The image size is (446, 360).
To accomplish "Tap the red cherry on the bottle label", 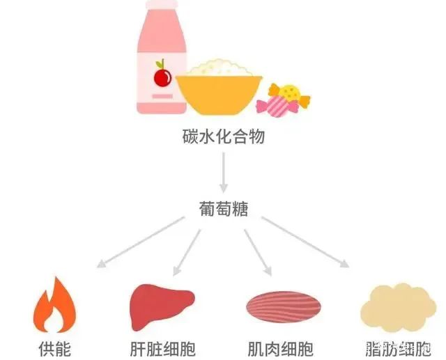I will pyautogui.click(x=162, y=76).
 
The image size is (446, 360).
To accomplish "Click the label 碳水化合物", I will pyautogui.click(x=222, y=136).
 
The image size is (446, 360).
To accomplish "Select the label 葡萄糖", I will pyautogui.click(x=222, y=208).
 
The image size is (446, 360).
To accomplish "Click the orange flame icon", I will pyautogui.click(x=54, y=306).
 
